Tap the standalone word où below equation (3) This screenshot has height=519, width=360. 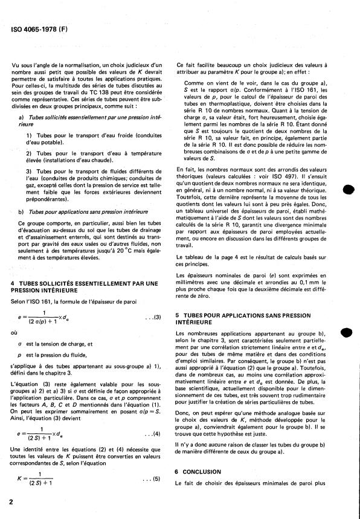[14, 332]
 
